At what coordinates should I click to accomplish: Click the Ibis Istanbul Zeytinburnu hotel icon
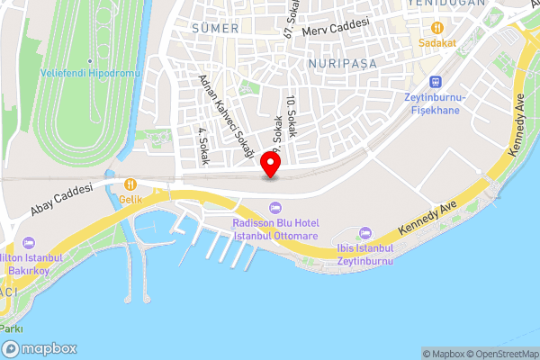(364, 234)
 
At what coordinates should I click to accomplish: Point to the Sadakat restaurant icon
(437, 28)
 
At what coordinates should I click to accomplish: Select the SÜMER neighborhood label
(216, 29)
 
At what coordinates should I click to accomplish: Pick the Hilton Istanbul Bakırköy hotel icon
(29, 243)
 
